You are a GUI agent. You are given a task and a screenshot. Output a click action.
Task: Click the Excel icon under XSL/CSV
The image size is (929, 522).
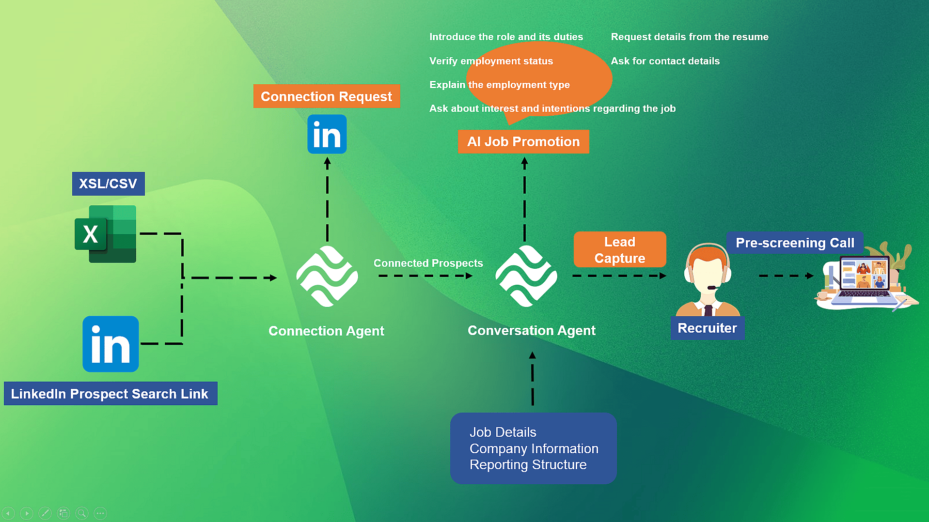106,234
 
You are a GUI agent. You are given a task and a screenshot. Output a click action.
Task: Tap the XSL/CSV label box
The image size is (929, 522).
108,184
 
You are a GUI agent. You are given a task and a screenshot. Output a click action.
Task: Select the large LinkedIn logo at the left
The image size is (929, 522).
110,344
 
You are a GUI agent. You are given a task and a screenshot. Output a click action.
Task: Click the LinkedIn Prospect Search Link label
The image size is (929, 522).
110,394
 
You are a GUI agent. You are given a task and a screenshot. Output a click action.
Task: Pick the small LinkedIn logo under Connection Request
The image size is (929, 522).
327,135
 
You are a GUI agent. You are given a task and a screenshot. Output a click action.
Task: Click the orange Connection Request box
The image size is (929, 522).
326,96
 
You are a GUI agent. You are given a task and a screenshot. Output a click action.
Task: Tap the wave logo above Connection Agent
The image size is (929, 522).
327,276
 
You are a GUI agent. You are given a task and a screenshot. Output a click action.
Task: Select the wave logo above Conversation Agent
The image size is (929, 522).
526,276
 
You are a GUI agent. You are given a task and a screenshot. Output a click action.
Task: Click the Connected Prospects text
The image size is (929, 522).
428,263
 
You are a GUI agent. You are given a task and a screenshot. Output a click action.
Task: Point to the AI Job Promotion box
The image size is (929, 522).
523,141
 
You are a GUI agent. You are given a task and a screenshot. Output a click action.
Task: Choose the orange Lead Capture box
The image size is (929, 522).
619,249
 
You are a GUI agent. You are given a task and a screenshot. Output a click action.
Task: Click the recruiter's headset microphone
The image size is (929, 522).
712,288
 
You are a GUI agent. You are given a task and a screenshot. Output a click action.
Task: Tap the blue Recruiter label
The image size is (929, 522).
707,328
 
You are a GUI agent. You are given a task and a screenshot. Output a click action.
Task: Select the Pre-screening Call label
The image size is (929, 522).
795,243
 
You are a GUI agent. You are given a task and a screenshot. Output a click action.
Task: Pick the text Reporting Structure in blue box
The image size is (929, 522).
528,465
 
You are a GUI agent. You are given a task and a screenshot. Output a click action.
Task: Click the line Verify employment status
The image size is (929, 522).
491,61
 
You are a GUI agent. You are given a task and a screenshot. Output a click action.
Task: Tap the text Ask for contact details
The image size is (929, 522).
665,61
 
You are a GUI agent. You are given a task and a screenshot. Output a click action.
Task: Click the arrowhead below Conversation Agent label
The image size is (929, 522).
532,355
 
